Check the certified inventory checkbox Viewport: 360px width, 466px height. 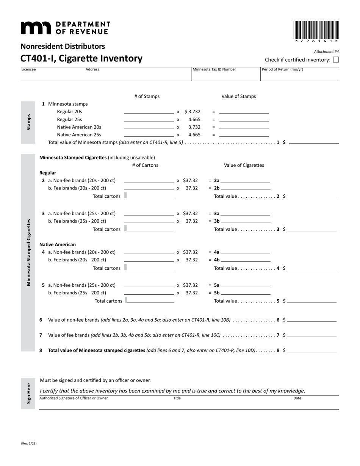click(336, 59)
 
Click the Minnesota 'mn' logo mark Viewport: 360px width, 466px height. click(36, 28)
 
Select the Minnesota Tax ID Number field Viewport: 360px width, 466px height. click(225, 76)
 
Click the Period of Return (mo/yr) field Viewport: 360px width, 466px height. click(299, 76)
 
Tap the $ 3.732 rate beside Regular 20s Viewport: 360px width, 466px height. click(193, 112)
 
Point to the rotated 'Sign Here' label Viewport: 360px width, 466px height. click(28, 393)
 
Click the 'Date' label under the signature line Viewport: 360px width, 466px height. click(297, 398)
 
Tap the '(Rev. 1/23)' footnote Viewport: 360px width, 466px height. click(29, 443)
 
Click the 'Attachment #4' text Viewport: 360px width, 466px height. click(326, 52)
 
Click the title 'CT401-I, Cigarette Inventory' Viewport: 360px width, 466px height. click(81, 58)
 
